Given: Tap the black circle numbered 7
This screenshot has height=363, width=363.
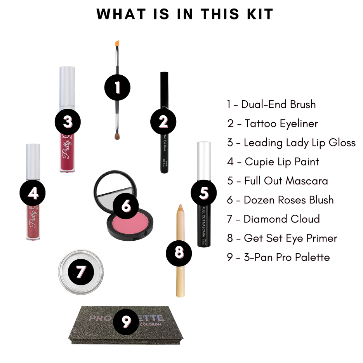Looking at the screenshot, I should [x=80, y=272].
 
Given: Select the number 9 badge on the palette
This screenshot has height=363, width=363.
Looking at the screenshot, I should [x=125, y=321].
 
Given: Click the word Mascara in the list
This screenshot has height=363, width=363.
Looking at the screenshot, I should [x=307, y=181].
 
